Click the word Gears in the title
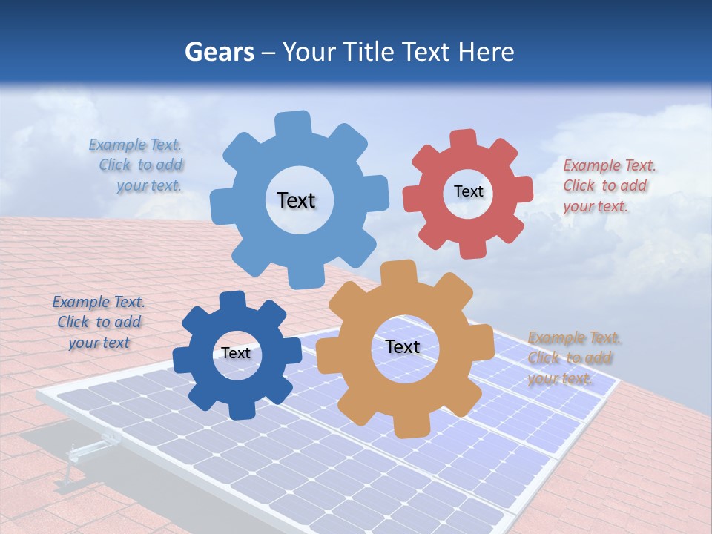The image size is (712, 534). point(219,52)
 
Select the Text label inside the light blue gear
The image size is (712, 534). point(296,200)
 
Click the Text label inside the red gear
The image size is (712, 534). point(468,191)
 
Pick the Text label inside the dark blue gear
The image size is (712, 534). point(235,353)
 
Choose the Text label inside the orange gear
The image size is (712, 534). point(403,346)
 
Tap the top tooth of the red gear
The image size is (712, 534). point(463,139)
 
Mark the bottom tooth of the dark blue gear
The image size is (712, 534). point(240,409)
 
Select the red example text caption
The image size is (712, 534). point(609,185)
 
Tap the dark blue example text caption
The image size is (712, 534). point(99,322)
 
